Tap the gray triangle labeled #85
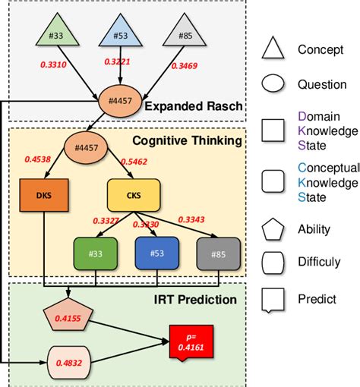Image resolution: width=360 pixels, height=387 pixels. point(185,32)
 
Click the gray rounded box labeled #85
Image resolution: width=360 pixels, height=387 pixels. point(217,253)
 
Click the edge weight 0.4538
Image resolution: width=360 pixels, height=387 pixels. point(39,159)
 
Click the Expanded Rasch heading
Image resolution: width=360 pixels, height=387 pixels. point(194,105)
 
